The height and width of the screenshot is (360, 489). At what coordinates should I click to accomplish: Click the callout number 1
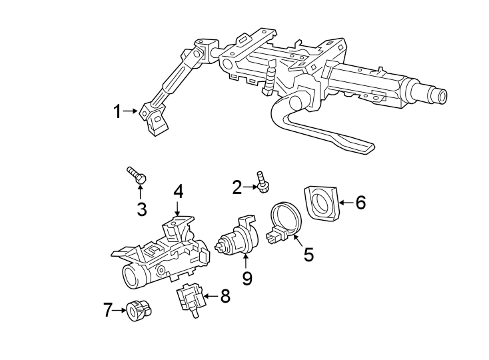point(117,112)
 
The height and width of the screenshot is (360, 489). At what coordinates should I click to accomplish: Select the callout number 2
point(237,188)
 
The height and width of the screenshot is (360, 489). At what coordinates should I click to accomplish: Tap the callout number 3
point(141,209)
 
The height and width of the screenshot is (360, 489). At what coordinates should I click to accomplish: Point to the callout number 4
point(178,191)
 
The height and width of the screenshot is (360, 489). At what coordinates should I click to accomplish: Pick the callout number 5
point(308,255)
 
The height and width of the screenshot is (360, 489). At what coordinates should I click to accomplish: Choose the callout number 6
point(360,202)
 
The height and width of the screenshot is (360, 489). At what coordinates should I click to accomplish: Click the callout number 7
point(108,310)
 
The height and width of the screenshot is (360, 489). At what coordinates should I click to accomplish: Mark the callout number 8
point(225,296)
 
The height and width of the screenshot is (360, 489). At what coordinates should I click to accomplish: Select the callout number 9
point(247,277)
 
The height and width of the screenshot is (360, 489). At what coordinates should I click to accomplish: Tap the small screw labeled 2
point(262,182)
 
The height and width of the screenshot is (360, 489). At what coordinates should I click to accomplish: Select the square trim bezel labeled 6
point(322,203)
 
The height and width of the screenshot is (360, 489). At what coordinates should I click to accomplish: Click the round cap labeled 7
point(138,310)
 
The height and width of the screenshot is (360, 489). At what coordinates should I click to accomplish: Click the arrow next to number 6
point(344,202)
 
